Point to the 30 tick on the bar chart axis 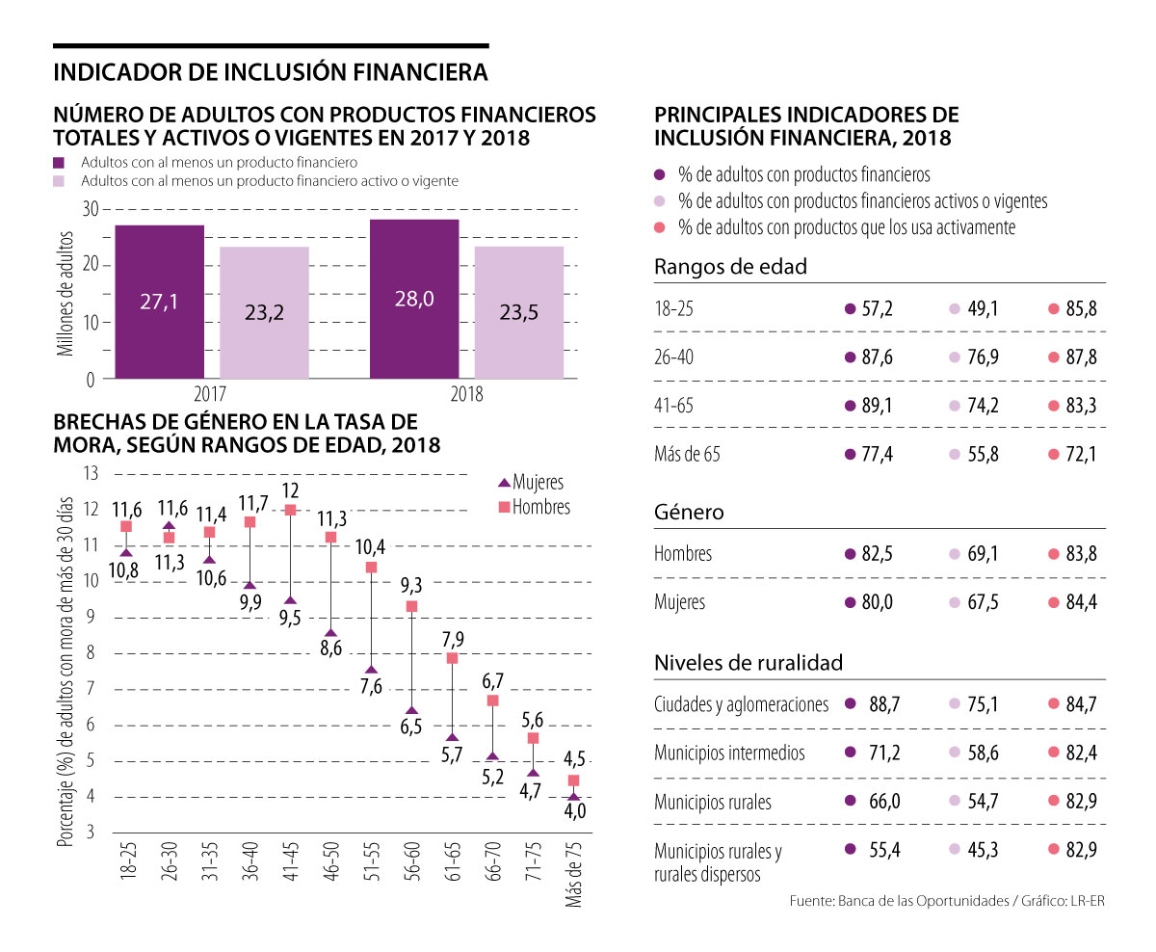tap(91, 209)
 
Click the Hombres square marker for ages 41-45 tap(290, 510)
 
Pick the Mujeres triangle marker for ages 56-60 tap(411, 711)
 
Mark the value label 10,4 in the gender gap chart tap(372, 547)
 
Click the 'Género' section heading tap(689, 513)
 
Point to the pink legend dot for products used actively tap(660, 228)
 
